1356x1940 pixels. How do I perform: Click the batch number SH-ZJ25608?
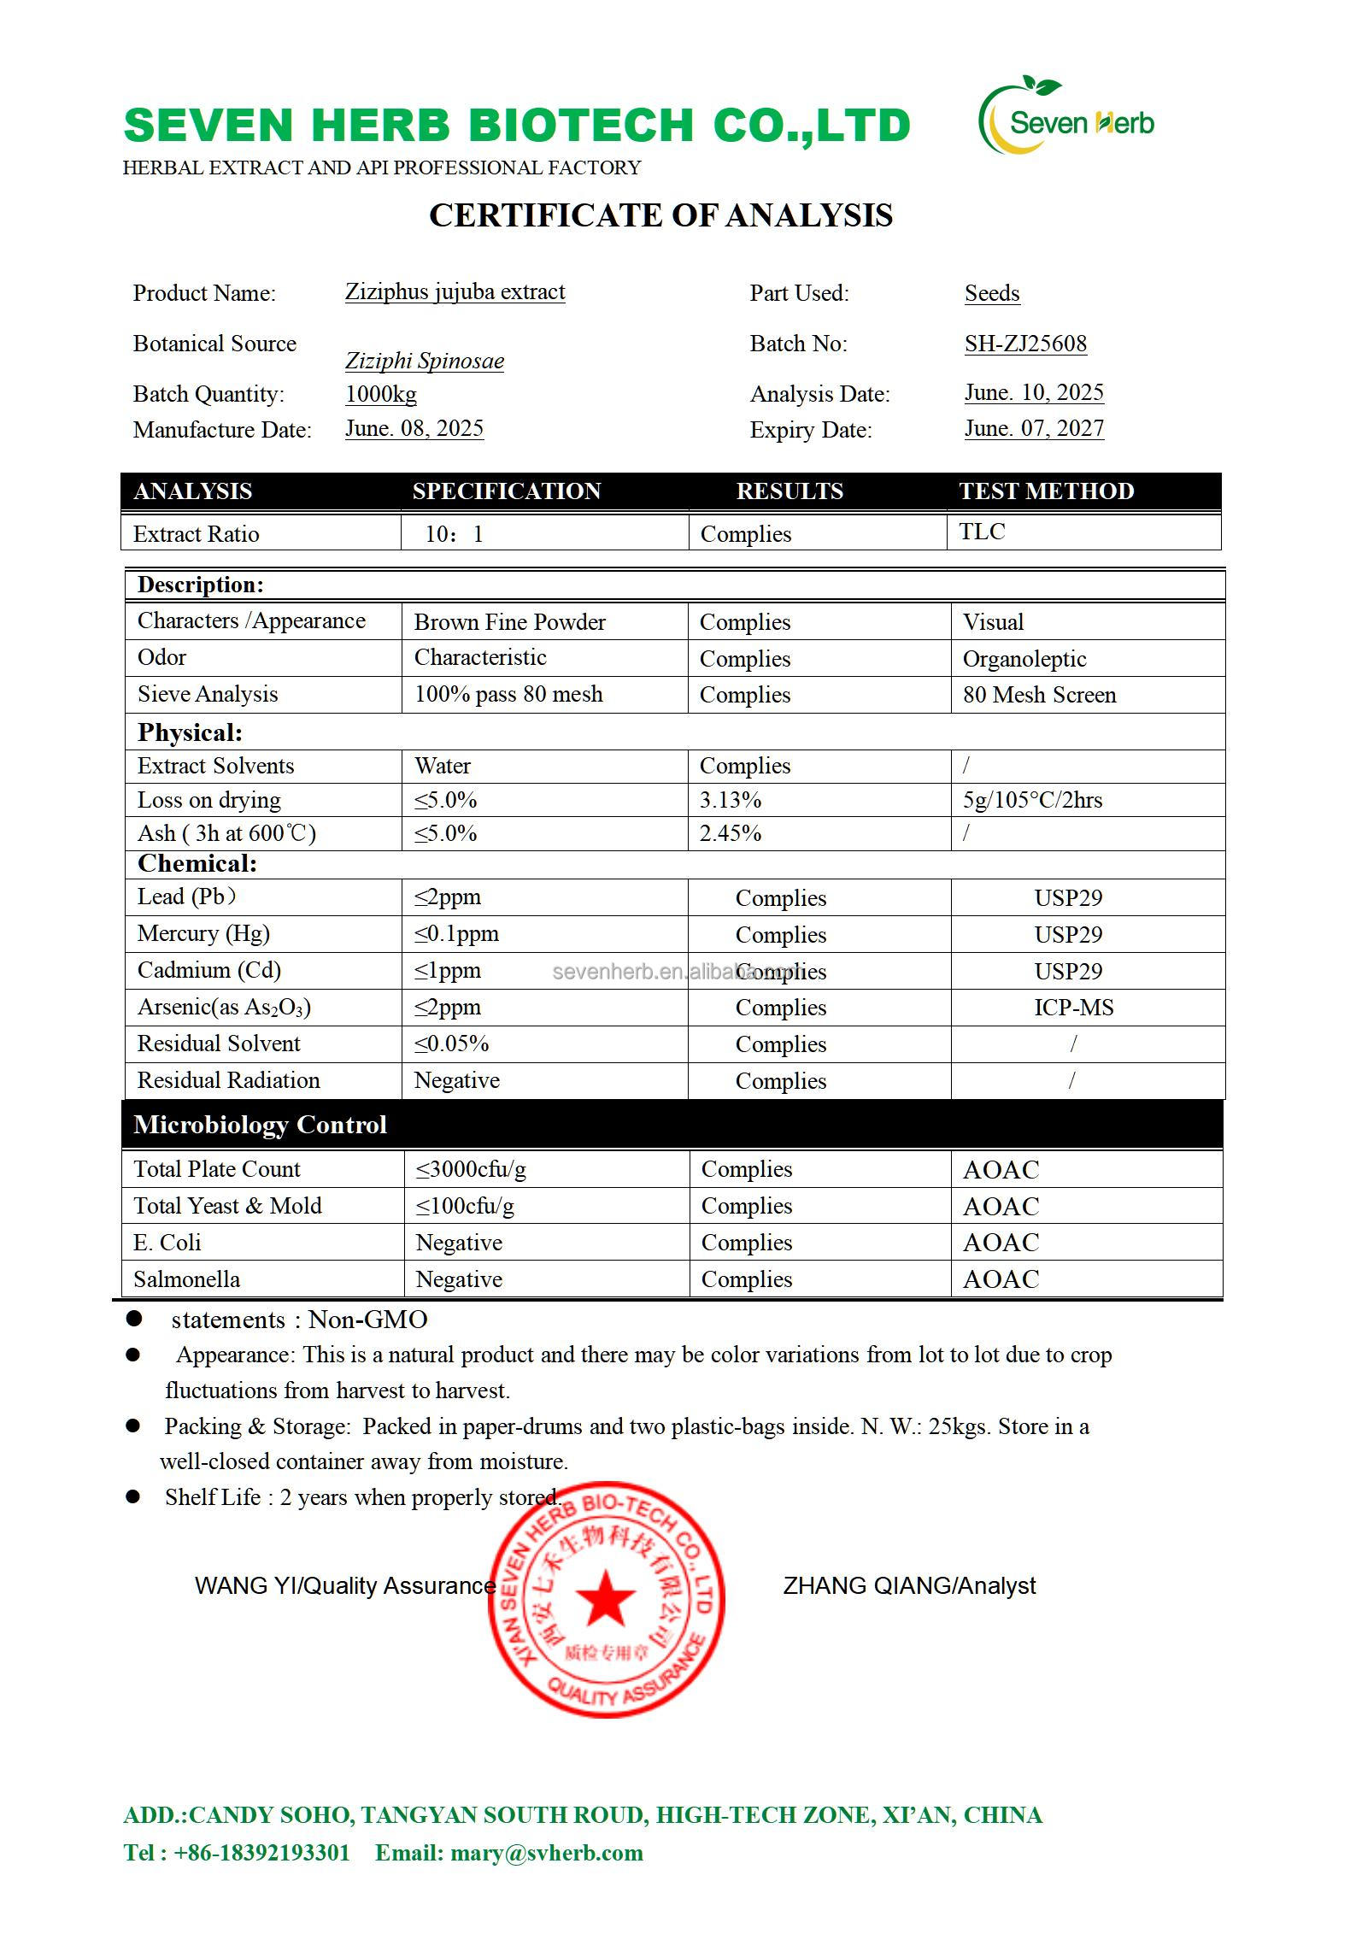[x=1025, y=344]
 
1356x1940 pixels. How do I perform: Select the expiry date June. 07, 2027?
[x=1034, y=428]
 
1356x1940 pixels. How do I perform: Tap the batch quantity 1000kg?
[x=381, y=394]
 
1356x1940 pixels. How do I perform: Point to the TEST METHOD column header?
[x=1046, y=491]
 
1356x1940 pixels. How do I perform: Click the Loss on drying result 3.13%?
[x=730, y=800]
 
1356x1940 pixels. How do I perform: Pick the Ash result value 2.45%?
[x=730, y=833]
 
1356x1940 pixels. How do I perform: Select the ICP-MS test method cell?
[x=1073, y=1008]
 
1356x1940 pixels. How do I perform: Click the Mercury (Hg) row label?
[x=203, y=933]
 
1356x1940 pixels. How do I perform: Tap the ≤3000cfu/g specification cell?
[x=471, y=1169]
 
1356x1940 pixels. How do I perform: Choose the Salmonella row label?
[x=186, y=1279]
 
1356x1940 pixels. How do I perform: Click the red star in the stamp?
[x=606, y=1597]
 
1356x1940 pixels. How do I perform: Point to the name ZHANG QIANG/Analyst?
[x=909, y=1586]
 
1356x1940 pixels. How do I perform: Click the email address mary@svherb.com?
[x=545, y=1853]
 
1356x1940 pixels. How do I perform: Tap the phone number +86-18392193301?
[x=261, y=1853]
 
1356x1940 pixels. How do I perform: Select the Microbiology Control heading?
[x=260, y=1125]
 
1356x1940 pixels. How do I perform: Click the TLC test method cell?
[x=982, y=532]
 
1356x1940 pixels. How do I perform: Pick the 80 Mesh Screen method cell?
[x=1039, y=695]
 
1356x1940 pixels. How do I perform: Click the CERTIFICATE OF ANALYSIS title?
[x=660, y=215]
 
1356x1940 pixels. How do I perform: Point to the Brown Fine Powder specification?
[x=509, y=622]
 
